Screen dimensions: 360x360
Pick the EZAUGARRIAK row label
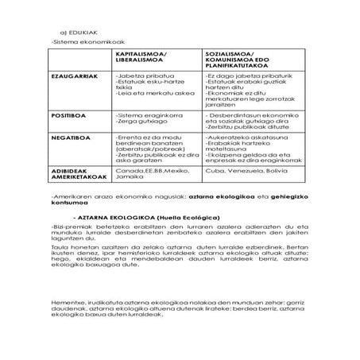[x=72, y=76]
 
